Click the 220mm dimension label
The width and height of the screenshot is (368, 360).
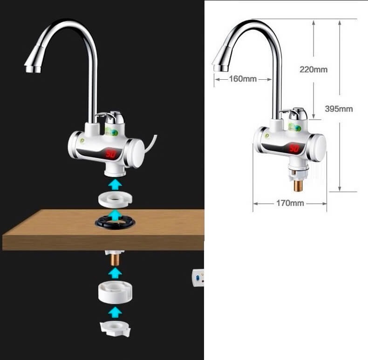click(313, 69)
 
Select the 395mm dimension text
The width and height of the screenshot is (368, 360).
click(339, 109)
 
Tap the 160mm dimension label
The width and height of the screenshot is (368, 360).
click(243, 78)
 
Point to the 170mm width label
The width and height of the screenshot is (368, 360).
click(290, 203)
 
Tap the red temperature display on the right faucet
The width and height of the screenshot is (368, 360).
click(293, 148)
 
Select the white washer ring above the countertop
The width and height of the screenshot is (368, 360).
click(115, 200)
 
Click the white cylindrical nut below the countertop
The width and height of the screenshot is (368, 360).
click(115, 292)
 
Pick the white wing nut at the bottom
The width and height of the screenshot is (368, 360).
click(115, 329)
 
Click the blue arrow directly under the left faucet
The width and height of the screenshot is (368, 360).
click(115, 185)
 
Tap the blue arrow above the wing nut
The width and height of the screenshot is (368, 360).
click(115, 312)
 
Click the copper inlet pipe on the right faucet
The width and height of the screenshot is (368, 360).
click(299, 185)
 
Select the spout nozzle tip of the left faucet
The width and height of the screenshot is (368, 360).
click(33, 69)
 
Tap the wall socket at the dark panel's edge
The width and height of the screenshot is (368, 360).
click(198, 278)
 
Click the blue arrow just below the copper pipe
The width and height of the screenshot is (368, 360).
click(115, 274)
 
